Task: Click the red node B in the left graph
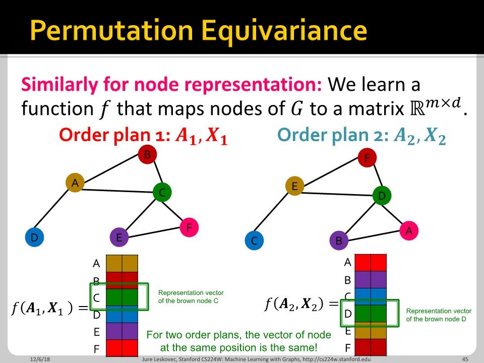click(147, 155)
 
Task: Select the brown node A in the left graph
click(75, 183)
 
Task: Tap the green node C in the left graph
click(162, 192)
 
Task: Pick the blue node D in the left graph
click(34, 237)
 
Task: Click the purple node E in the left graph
click(119, 237)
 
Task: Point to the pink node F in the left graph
click(189, 227)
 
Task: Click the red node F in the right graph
click(367, 158)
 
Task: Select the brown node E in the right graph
click(294, 186)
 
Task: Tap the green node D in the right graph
click(382, 195)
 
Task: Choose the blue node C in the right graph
click(254, 240)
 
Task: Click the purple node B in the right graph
click(339, 240)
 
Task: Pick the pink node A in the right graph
click(409, 231)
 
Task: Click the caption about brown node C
click(191, 296)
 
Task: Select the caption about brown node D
click(439, 315)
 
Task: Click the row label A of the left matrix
click(96, 263)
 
